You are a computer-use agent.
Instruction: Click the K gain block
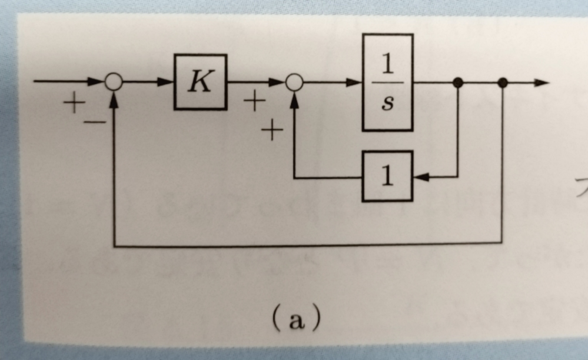pyautogui.click(x=200, y=82)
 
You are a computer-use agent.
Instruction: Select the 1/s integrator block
pyautogui.click(x=387, y=82)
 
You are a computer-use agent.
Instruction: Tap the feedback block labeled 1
pyautogui.click(x=387, y=176)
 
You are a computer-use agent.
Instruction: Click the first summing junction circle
pyautogui.click(x=114, y=82)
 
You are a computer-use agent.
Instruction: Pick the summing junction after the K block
pyautogui.click(x=294, y=83)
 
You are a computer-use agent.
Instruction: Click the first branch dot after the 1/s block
pyautogui.click(x=458, y=83)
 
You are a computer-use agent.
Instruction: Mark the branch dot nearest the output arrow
pyautogui.click(x=502, y=83)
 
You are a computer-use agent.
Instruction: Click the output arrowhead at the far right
pyautogui.click(x=542, y=83)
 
